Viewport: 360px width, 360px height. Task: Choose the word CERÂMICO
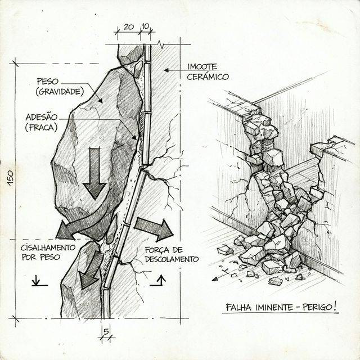click(x=208, y=76)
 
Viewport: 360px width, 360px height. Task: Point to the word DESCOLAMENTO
click(x=172, y=260)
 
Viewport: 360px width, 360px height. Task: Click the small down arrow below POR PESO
click(x=37, y=280)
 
